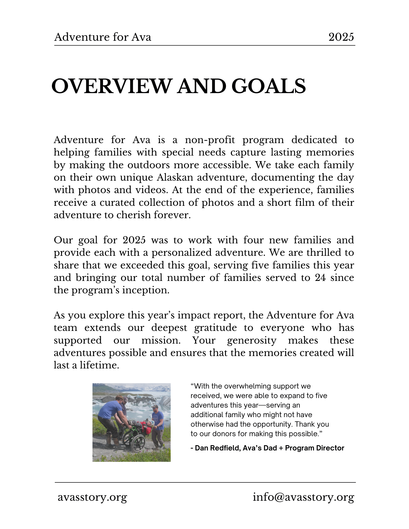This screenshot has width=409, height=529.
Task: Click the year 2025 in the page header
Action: tap(341, 37)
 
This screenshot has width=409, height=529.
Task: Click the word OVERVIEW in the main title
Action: tap(111, 86)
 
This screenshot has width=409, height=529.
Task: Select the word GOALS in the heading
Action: tap(268, 86)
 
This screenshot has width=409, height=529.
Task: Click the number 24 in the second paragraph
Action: tap(320, 278)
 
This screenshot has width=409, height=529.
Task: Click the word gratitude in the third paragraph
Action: tap(215, 328)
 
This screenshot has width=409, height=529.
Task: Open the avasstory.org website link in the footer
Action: tap(92, 497)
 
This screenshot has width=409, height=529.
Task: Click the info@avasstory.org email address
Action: tap(303, 497)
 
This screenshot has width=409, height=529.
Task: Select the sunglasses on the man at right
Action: tap(155, 408)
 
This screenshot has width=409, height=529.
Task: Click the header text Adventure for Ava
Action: tap(103, 37)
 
